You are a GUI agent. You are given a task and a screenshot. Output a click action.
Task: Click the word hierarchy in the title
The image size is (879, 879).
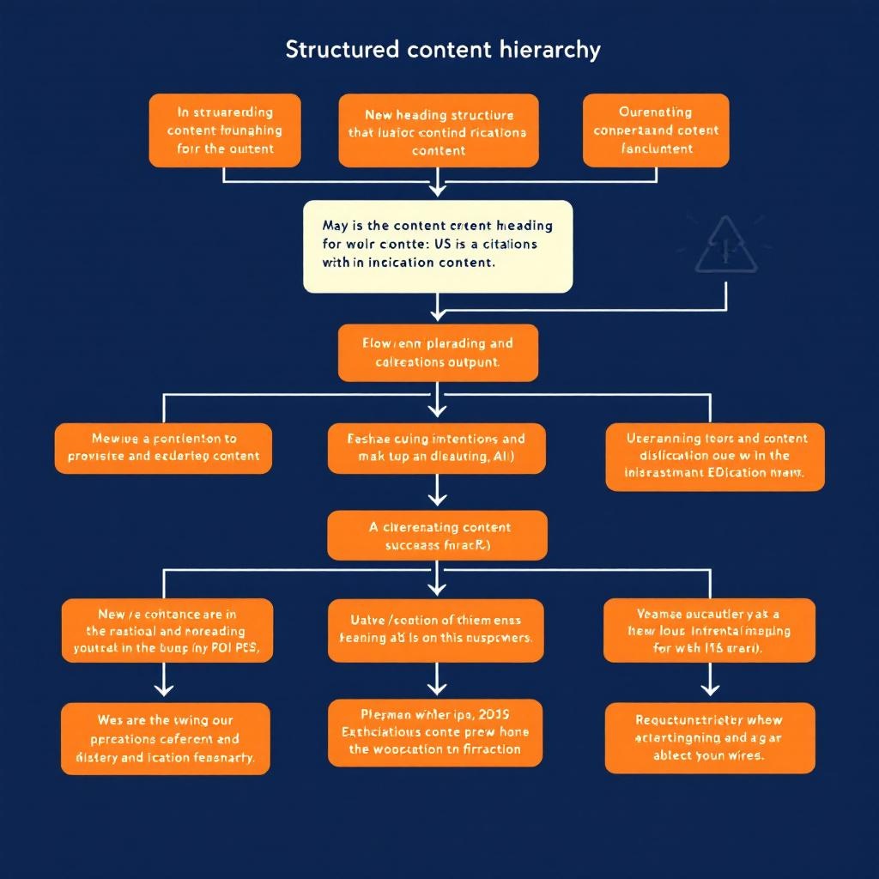click(549, 50)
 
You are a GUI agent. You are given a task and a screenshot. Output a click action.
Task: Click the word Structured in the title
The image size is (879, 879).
click(342, 50)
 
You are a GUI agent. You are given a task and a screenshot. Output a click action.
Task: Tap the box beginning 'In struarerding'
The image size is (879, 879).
click(225, 130)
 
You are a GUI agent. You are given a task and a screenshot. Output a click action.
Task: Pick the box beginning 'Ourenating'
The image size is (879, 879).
click(656, 130)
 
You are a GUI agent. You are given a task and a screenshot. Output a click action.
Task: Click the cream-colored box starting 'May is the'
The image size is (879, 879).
click(438, 246)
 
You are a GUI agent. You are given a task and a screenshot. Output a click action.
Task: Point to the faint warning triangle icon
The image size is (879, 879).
click(725, 246)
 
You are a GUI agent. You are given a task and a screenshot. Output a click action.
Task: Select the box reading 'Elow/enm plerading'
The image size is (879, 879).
click(438, 352)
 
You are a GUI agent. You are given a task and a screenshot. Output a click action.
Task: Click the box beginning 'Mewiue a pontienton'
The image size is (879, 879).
click(163, 447)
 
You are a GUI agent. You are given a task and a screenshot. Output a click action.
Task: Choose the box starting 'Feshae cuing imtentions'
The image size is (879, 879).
click(437, 447)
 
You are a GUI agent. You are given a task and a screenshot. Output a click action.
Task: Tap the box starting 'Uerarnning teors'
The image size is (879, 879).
click(715, 456)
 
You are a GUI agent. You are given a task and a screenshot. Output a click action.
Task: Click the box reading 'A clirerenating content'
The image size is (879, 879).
click(438, 536)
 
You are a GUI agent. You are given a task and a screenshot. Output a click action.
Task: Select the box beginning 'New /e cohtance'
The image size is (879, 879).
click(167, 630)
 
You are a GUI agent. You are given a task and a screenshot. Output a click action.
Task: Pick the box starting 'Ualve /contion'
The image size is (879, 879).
click(437, 630)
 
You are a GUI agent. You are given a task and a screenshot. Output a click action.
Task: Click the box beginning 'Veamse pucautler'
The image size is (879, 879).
click(709, 630)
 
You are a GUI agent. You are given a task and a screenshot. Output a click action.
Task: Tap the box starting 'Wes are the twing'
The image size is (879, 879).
click(166, 738)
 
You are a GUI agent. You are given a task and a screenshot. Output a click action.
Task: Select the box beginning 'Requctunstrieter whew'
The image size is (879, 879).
click(709, 738)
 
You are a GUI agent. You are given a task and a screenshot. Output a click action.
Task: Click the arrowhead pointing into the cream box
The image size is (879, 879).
click(439, 191)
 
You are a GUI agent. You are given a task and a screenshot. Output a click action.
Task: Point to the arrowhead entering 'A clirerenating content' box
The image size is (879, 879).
click(438, 500)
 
